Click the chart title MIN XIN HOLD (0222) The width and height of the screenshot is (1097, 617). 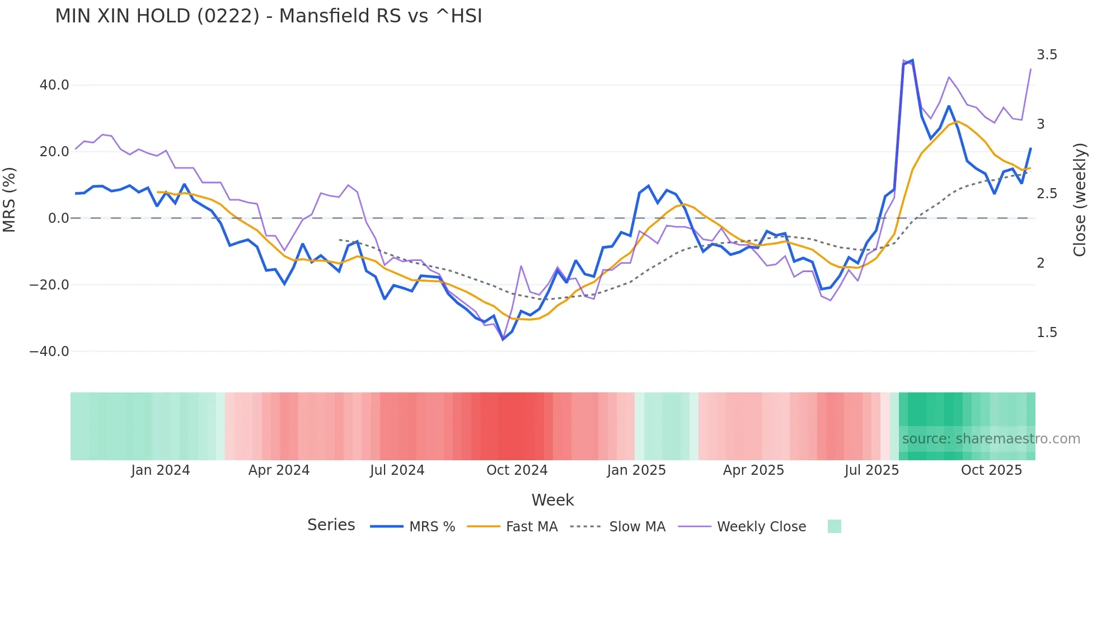click(x=268, y=16)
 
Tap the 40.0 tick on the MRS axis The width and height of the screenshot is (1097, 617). click(x=54, y=85)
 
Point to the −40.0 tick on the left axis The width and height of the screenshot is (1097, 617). click(x=49, y=352)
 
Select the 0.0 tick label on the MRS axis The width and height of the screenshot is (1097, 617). click(x=58, y=218)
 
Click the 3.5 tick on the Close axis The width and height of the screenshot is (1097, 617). click(x=1047, y=55)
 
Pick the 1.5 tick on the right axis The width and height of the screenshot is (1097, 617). click(x=1047, y=333)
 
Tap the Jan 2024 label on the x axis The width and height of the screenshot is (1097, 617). click(x=161, y=470)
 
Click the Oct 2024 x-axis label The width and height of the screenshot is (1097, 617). click(x=517, y=470)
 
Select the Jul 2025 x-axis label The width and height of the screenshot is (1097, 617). click(x=871, y=470)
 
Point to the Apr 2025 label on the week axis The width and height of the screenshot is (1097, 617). click(x=753, y=470)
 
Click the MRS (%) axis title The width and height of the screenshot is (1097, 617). click(x=10, y=199)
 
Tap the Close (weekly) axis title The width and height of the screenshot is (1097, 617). click(x=1080, y=200)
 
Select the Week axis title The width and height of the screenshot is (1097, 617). click(x=552, y=500)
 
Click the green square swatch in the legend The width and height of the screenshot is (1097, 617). click(x=834, y=526)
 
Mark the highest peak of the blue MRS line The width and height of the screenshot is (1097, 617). click(x=912, y=60)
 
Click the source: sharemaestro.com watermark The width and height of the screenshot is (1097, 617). click(x=991, y=439)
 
